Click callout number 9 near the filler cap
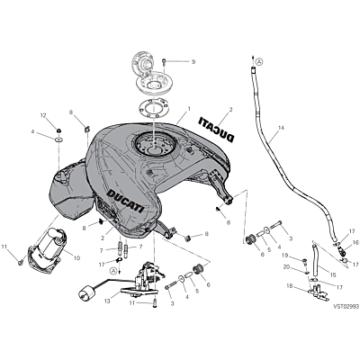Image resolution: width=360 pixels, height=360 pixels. point(193,62)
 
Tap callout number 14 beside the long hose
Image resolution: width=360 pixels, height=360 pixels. point(281,128)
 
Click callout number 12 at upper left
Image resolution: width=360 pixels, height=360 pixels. point(43,115)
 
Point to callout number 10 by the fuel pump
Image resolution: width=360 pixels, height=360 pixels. point(76,258)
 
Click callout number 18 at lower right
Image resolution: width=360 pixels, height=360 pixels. point(289,286)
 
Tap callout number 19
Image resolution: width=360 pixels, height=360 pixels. point(285,256)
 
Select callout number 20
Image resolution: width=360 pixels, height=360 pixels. point(287,266)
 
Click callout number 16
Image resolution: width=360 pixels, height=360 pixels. point(355,242)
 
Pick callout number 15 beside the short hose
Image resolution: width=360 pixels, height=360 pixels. point(332,274)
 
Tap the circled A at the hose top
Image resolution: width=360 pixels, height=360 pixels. point(260,62)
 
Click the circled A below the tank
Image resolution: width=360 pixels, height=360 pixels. point(113,271)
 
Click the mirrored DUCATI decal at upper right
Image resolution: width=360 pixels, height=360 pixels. point(217,130)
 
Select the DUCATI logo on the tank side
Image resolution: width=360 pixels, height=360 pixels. point(126,201)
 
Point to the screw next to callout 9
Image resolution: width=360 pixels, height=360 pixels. point(164,62)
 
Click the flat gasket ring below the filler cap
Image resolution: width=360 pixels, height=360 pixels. point(152,108)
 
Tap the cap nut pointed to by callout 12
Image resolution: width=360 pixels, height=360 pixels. point(59,130)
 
